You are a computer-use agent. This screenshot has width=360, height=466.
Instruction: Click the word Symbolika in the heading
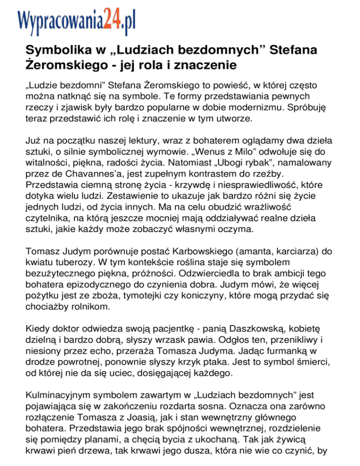(x=55, y=50)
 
